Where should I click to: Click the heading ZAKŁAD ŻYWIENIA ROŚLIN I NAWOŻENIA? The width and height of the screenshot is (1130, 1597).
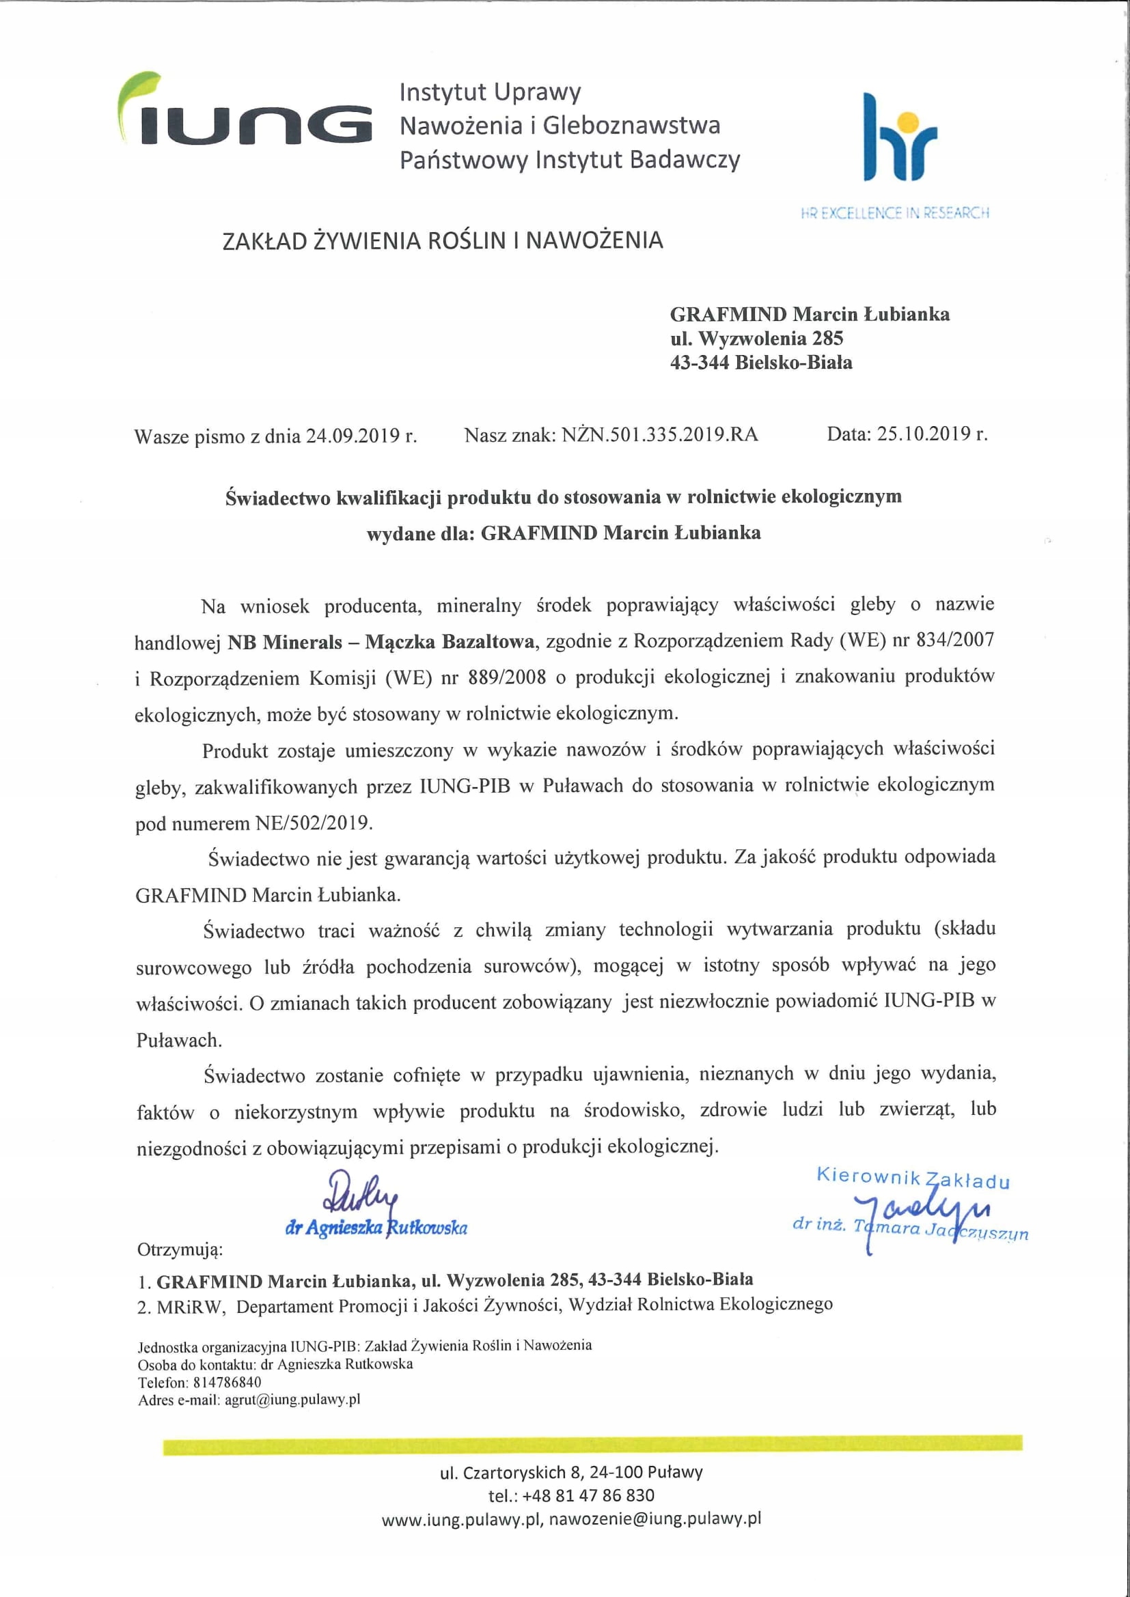(x=443, y=240)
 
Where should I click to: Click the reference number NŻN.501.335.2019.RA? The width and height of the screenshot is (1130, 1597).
(x=660, y=435)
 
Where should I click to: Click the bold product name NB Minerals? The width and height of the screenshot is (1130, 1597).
(x=285, y=641)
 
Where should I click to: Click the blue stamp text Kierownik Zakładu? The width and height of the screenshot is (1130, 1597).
(x=912, y=1178)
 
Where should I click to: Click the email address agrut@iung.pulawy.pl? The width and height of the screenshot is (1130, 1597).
(x=292, y=1400)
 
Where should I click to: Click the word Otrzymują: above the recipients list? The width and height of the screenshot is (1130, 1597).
(x=180, y=1250)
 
